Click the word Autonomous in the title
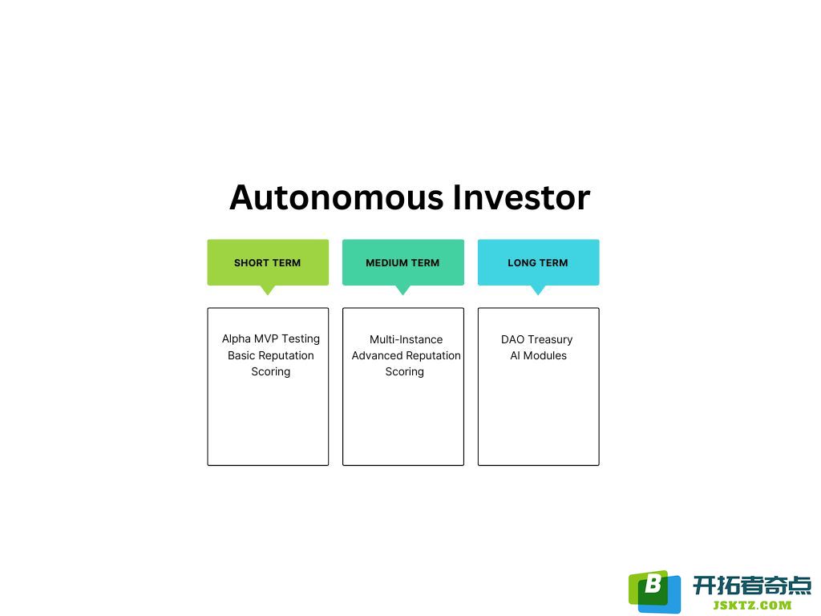tap(337, 197)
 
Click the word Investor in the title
tap(521, 197)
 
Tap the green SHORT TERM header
tap(268, 262)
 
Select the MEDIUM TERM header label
tap(402, 262)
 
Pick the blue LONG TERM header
tap(538, 262)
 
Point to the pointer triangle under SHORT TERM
tap(268, 290)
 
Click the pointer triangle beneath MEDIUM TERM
tap(402, 290)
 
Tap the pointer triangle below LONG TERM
tap(538, 290)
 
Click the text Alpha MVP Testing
tap(271, 339)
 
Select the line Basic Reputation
tap(271, 355)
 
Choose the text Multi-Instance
tap(406, 339)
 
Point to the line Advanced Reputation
tap(406, 355)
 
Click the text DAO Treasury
tap(536, 339)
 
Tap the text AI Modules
tap(538, 355)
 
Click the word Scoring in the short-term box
tap(271, 372)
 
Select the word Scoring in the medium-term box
tap(405, 372)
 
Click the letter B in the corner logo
tap(653, 583)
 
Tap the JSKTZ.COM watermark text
tap(752, 606)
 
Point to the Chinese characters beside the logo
tap(752, 585)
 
